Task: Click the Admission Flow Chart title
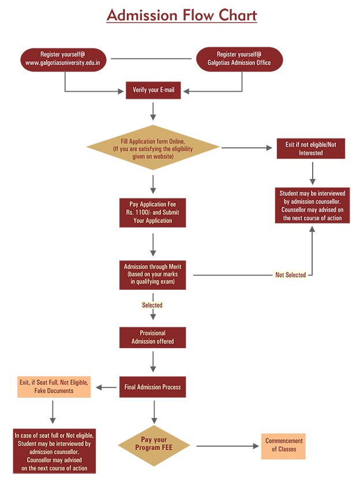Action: pos(181,15)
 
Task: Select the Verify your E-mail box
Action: pos(153,90)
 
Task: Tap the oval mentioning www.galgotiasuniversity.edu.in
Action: pos(63,58)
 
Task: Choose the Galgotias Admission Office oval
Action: pos(239,58)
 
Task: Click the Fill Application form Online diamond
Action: pos(153,148)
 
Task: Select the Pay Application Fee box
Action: pos(153,212)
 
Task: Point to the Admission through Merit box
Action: pos(153,275)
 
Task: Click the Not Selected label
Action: pos(290,275)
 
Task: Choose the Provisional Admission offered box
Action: pos(153,337)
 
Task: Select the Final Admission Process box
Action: pos(153,387)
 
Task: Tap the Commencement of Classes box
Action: pos(283,445)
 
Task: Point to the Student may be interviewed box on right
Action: pos(313,206)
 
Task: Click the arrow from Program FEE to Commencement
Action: pos(228,446)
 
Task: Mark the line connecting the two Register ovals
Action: pos(151,58)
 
